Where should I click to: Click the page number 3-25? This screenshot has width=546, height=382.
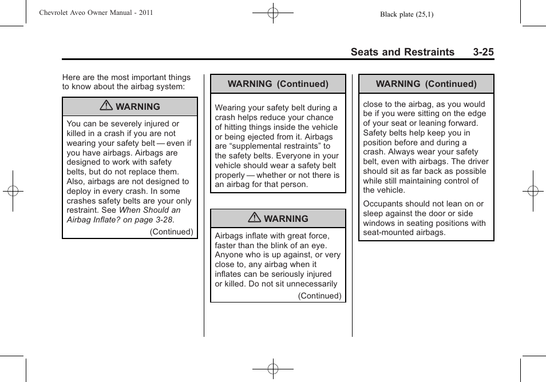(483, 52)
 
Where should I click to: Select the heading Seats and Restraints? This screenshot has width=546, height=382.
(402, 52)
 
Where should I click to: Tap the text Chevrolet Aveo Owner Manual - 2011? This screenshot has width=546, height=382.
(96, 13)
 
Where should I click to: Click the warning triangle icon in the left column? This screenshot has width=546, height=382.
(106, 106)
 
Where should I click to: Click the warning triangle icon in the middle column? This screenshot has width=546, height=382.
(254, 218)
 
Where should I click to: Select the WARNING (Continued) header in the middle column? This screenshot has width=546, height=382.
(278, 84)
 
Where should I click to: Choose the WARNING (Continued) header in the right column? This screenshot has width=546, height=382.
(426, 84)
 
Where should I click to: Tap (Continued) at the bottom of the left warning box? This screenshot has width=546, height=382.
(172, 232)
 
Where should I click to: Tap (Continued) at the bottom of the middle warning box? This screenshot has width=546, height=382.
(319, 296)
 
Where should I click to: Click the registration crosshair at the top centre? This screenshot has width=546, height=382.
(273, 12)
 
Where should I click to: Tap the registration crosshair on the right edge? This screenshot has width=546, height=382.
(532, 191)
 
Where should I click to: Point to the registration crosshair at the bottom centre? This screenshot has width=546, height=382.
(273, 369)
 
